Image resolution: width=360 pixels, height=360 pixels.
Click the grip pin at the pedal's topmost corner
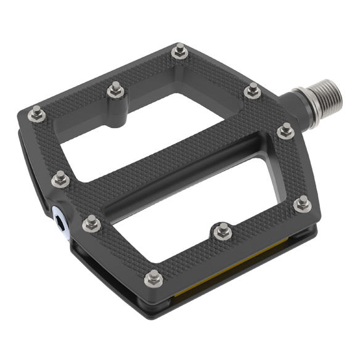pyautogui.click(x=180, y=51)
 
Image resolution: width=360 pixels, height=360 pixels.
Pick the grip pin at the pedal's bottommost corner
pyautogui.click(x=153, y=279)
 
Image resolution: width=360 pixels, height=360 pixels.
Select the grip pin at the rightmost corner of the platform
pyautogui.click(x=302, y=203)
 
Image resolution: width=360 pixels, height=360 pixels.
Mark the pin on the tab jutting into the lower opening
pyautogui.click(x=221, y=231)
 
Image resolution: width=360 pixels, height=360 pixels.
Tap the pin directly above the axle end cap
pyautogui.click(x=60, y=179)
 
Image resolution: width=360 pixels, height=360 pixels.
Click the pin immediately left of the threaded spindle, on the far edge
pyautogui.click(x=253, y=91)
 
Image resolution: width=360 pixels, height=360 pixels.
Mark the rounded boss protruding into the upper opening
pyautogui.click(x=114, y=114)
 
